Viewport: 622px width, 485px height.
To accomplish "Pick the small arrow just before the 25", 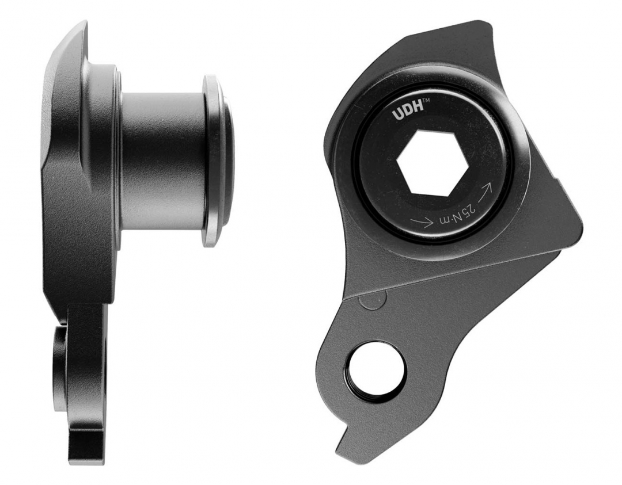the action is point(422,222).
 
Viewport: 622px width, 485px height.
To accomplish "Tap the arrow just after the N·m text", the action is point(486,191).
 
